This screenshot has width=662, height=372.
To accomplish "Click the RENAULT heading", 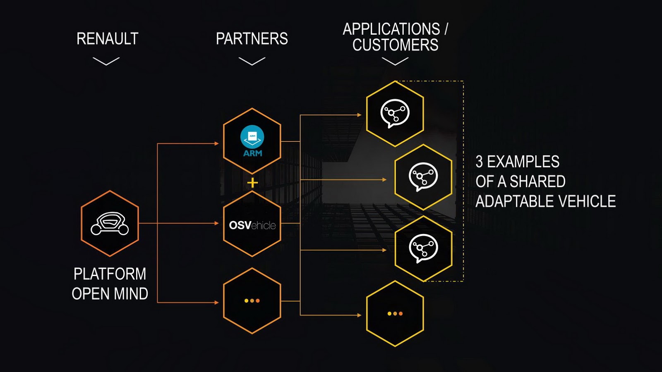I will click(x=107, y=39).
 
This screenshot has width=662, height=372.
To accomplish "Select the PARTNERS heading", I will click(x=252, y=39).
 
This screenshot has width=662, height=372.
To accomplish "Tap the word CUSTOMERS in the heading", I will click(x=395, y=45).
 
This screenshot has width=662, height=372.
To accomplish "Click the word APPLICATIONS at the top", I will click(x=391, y=29).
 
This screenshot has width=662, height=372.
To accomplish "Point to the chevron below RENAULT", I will click(x=106, y=61).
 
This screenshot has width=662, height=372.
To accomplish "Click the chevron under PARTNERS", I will click(x=252, y=61).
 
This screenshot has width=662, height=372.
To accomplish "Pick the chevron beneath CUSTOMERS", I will click(x=395, y=61).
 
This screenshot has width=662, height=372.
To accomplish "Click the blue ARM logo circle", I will click(x=252, y=137).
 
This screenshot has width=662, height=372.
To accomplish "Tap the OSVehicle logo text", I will click(x=252, y=225).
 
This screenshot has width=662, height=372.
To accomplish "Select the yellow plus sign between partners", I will click(x=252, y=183).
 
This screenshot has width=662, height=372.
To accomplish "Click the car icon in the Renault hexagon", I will click(x=110, y=224).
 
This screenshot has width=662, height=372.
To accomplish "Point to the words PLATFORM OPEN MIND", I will click(x=110, y=284).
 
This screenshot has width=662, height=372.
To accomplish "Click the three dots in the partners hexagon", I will click(x=252, y=300).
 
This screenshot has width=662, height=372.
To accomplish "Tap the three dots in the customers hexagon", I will click(x=395, y=313).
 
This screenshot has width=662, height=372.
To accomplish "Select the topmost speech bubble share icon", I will click(x=395, y=113).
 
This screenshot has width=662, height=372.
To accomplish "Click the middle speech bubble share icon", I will click(x=423, y=176).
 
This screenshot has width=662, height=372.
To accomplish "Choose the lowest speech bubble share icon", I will click(x=423, y=248).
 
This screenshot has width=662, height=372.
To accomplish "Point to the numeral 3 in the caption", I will click(x=479, y=162).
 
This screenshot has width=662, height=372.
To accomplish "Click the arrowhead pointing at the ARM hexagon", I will click(x=216, y=143).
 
